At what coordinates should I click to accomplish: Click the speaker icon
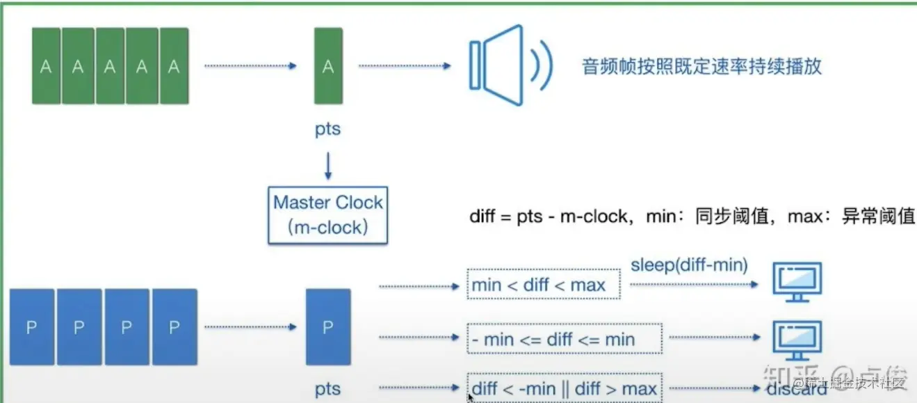(x=510, y=65)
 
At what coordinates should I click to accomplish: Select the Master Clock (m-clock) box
(x=327, y=214)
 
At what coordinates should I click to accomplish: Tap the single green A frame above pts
(x=327, y=66)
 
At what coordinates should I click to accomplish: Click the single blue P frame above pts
(x=328, y=327)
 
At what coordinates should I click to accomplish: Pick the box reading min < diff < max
(x=543, y=284)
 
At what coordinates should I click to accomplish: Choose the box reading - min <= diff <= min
(x=564, y=339)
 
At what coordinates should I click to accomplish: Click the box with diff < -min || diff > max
(x=564, y=388)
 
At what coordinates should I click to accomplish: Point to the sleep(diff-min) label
(x=689, y=264)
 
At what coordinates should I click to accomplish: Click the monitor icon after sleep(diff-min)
(x=797, y=282)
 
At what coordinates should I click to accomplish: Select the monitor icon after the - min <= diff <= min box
(x=797, y=340)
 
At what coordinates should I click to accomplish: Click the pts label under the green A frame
(x=327, y=129)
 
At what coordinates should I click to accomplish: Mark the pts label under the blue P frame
(x=327, y=389)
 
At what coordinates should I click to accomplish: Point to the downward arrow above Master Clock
(x=327, y=166)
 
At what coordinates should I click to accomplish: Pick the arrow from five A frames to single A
(x=250, y=66)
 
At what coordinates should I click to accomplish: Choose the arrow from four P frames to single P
(x=250, y=326)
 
